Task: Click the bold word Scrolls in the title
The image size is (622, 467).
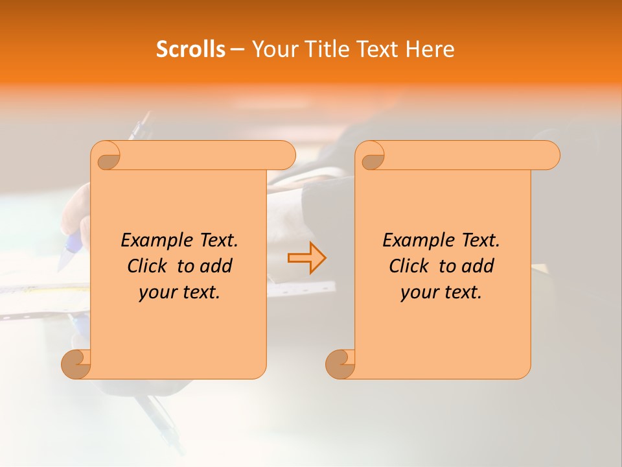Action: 190,49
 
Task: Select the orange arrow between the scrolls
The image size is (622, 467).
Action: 306,258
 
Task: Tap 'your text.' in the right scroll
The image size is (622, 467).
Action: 441,293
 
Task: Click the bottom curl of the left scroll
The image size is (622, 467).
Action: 76,364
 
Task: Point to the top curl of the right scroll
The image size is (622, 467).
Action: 372,156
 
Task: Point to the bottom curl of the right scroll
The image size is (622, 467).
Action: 340,364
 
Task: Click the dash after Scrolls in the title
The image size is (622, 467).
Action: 237,49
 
